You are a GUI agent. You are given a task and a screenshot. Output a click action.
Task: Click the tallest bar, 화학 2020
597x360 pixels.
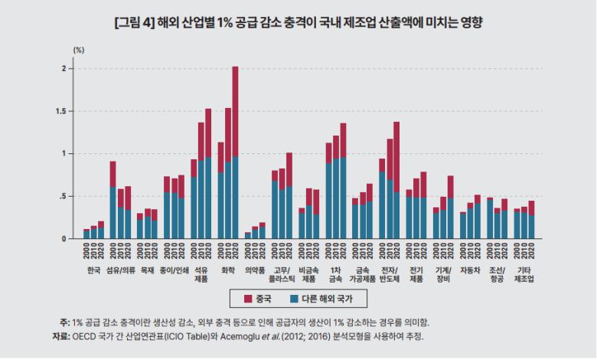click(235, 153)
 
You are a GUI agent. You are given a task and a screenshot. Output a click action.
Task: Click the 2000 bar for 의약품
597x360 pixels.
click(248, 235)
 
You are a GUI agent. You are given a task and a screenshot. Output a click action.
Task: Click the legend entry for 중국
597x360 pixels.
click(256, 297)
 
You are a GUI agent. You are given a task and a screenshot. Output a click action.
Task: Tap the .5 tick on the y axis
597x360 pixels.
click(66, 196)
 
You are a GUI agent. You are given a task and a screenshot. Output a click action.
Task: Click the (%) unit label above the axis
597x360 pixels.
click(79, 48)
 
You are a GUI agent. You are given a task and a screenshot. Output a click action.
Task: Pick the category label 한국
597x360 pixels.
click(94, 270)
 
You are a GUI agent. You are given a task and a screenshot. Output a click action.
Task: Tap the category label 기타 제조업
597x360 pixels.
click(524, 274)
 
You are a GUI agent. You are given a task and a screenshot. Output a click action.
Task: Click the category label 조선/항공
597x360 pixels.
click(497, 274)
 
